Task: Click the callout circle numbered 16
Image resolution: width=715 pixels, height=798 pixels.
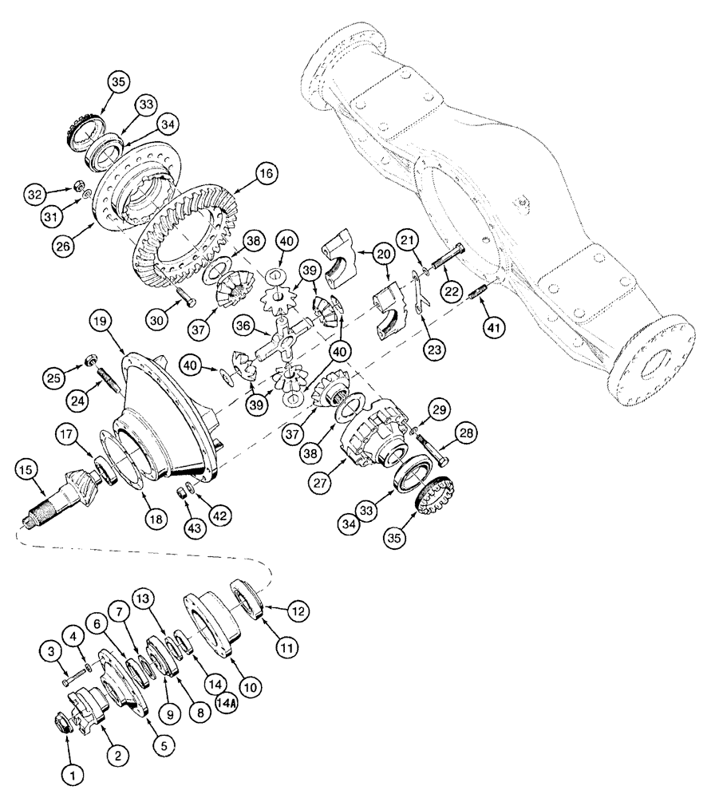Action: pos(265,173)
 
